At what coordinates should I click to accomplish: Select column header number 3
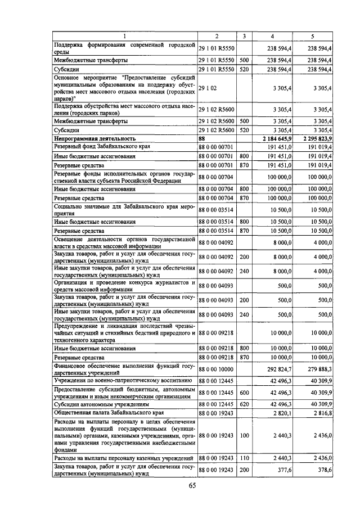(244, 36)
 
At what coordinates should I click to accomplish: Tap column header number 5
(312, 36)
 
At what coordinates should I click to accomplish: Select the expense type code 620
(244, 404)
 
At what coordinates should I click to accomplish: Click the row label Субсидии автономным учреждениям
(101, 404)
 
